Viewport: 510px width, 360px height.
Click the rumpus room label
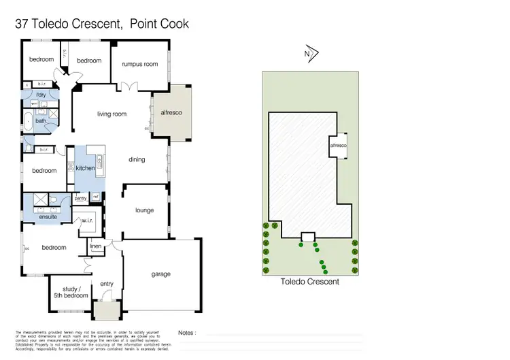140,64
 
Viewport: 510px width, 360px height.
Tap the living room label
112,114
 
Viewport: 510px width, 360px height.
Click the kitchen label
85,167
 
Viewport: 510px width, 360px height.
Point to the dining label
137,160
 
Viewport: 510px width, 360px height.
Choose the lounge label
145,210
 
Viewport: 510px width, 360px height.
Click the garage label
161,274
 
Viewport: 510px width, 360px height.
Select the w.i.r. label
87,220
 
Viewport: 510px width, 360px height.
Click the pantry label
80,198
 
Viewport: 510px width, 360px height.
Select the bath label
41,121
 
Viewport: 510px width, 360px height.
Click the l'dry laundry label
41,94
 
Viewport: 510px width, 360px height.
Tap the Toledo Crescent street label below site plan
309,281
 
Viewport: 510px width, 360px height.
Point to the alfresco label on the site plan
338,146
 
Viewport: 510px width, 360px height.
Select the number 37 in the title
22,24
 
